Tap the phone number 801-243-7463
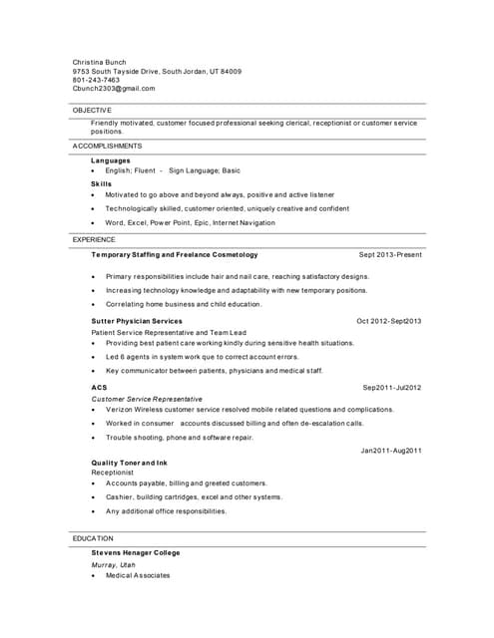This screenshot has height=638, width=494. pyautogui.click(x=96, y=80)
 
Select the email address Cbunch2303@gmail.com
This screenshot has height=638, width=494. pyautogui.click(x=114, y=89)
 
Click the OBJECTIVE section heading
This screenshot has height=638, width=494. pyautogui.click(x=92, y=110)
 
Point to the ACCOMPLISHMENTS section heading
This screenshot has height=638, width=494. pyautogui.click(x=108, y=146)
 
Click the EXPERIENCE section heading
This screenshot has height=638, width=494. pyautogui.click(x=94, y=240)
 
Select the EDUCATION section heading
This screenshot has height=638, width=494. pyautogui.click(x=93, y=538)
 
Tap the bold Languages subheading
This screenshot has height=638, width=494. pyautogui.click(x=111, y=160)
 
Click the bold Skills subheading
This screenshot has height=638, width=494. pyautogui.click(x=102, y=183)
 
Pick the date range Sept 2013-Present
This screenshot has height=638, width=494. pyautogui.click(x=390, y=255)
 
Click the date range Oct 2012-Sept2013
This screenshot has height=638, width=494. pyautogui.click(x=388, y=321)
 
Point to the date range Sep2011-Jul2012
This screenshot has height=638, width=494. pyautogui.click(x=391, y=387)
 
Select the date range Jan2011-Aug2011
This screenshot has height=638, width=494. pyautogui.click(x=391, y=451)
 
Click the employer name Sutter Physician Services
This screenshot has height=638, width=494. pyautogui.click(x=137, y=321)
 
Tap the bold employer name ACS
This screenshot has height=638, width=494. pyautogui.click(x=99, y=387)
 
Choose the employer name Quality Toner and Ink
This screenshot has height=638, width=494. pyautogui.click(x=130, y=464)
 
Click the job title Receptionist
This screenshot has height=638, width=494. pyautogui.click(x=112, y=473)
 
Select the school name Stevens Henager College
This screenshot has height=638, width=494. pyautogui.click(x=136, y=552)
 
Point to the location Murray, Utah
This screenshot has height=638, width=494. pyautogui.click(x=113, y=565)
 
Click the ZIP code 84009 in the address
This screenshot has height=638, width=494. pyautogui.click(x=232, y=71)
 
